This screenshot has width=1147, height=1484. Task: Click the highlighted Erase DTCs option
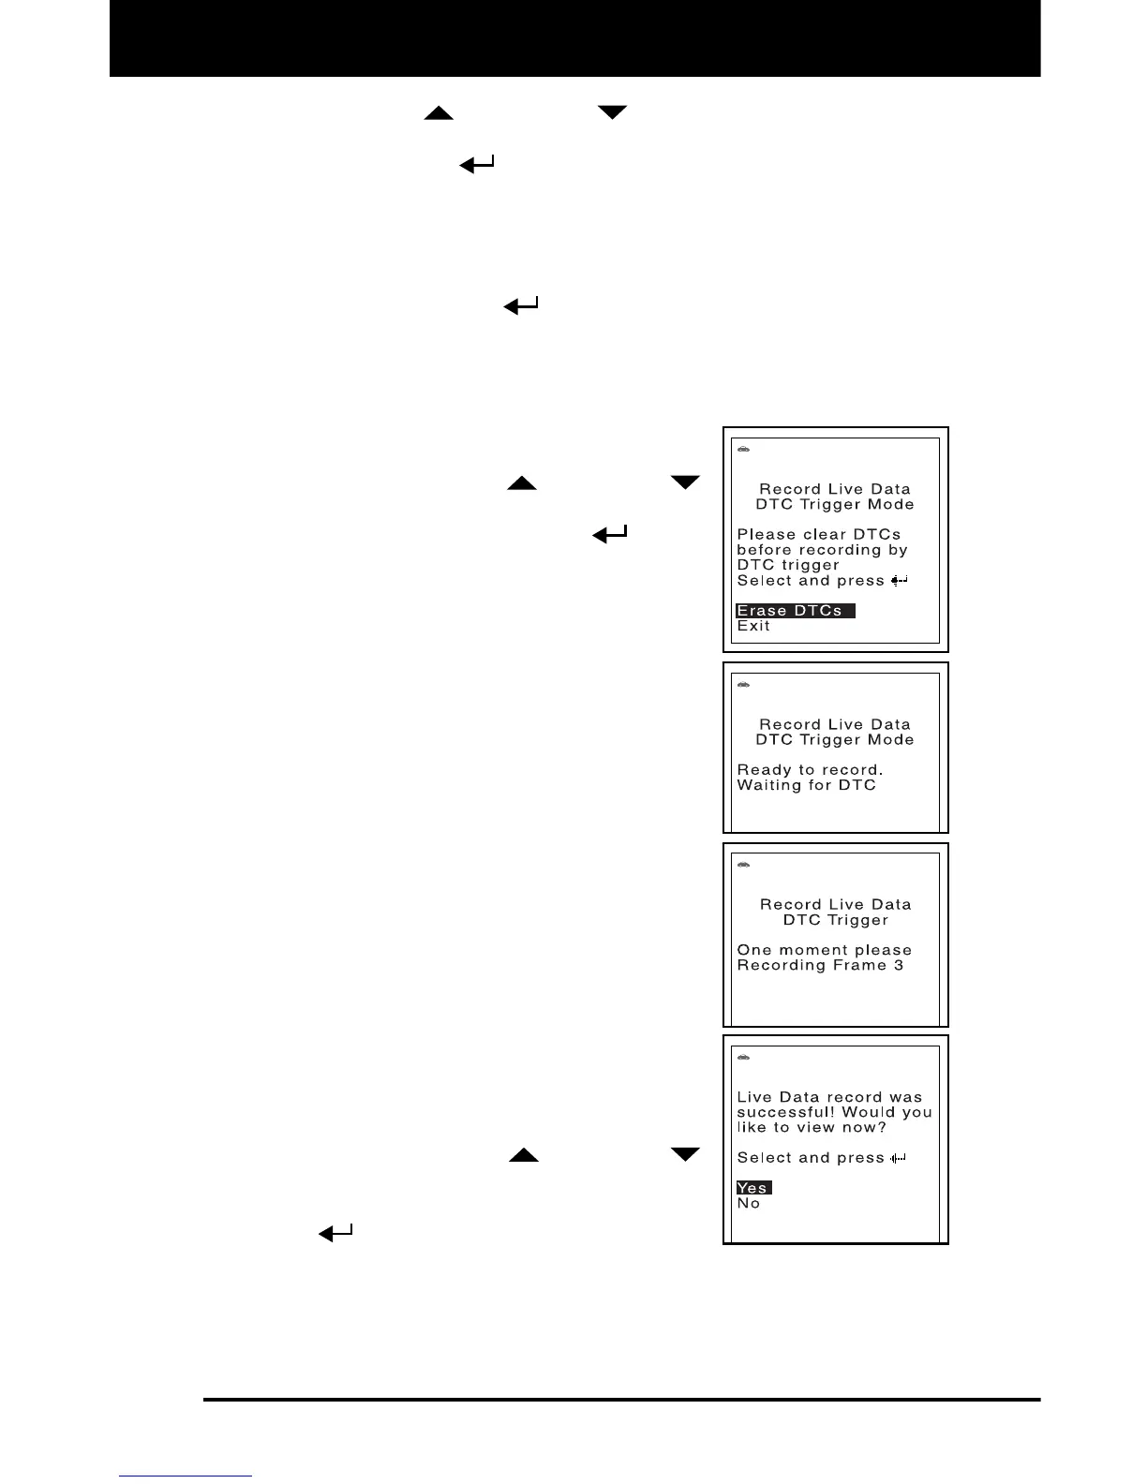tap(795, 611)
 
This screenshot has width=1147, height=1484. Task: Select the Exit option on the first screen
tap(753, 626)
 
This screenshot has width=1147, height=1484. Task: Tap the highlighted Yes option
tap(753, 1188)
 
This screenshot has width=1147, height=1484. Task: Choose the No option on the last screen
tap(749, 1203)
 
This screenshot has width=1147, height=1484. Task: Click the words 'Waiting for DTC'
tap(806, 785)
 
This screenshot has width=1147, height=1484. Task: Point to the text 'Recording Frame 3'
tap(820, 965)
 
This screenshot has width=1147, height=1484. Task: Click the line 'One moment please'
tap(824, 950)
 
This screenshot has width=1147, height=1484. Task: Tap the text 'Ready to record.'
tap(810, 770)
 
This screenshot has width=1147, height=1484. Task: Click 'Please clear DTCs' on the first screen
tap(818, 534)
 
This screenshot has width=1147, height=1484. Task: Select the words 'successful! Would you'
tap(834, 1112)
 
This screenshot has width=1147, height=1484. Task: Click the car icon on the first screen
tap(744, 449)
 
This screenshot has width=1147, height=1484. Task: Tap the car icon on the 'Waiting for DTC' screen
tap(744, 684)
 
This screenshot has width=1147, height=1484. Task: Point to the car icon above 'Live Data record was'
tap(744, 1057)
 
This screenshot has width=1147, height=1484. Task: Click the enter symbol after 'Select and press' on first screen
tap(899, 581)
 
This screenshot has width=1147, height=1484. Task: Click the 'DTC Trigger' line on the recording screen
tap(835, 920)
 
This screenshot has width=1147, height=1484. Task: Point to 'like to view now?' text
tap(812, 1127)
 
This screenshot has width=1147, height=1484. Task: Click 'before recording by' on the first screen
tap(822, 550)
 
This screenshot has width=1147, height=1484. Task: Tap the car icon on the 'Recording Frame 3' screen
tap(744, 864)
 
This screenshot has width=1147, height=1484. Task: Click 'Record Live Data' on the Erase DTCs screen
tap(834, 489)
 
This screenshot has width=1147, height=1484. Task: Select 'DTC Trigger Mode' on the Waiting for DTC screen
tap(834, 739)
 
